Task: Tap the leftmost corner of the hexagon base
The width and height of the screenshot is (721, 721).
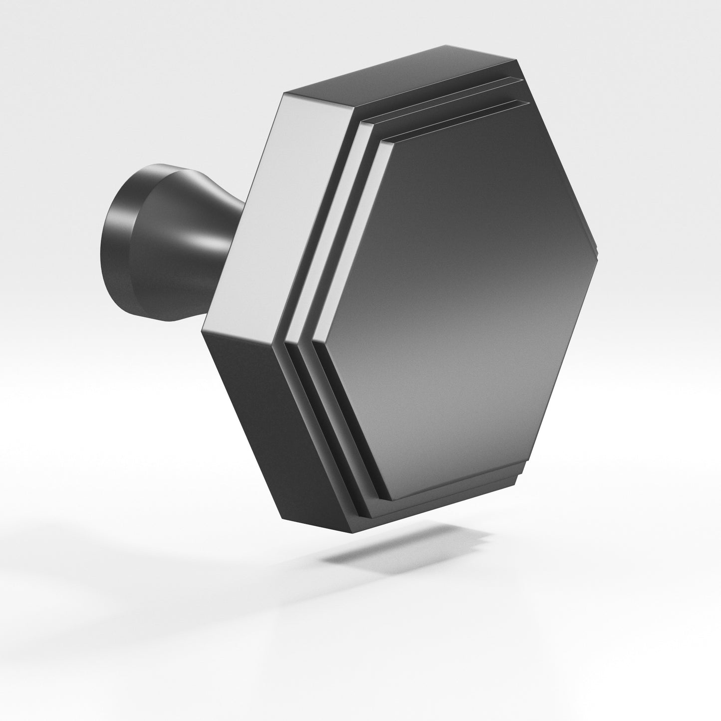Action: pyautogui.click(x=202, y=330)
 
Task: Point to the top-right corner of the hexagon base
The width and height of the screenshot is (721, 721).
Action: pyautogui.click(x=516, y=61)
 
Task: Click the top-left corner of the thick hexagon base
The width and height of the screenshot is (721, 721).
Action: pyautogui.click(x=284, y=93)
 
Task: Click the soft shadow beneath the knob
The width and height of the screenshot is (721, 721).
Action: pyautogui.click(x=409, y=544)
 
